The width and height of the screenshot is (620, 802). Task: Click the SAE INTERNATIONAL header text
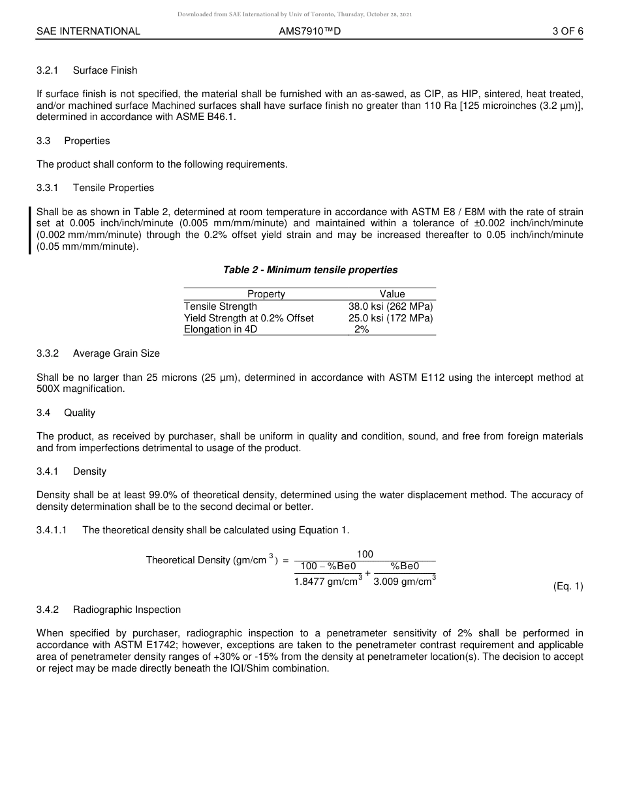coord(88,31)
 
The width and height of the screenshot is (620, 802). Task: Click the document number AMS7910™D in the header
coord(309,31)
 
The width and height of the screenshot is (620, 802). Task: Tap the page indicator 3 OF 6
coord(567,31)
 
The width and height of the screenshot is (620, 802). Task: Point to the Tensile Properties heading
coord(114,188)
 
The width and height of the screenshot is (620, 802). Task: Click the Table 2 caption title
coord(310,270)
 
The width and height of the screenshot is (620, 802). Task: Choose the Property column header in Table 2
coord(266,294)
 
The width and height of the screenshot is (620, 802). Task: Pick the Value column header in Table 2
coord(392,294)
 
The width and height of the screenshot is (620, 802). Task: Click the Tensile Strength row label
coord(221,306)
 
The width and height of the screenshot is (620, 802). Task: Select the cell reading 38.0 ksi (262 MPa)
coord(390,306)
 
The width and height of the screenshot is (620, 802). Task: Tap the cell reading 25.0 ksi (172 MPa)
coord(390,318)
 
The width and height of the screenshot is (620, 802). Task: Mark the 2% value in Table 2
coord(362,330)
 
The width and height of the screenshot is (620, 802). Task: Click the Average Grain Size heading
coord(116,353)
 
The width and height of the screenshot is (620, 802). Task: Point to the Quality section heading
coord(80,413)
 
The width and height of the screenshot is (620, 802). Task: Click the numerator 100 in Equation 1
coord(365,554)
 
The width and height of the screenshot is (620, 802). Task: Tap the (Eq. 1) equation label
coord(568,586)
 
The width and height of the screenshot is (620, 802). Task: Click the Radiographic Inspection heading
coord(127,610)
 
